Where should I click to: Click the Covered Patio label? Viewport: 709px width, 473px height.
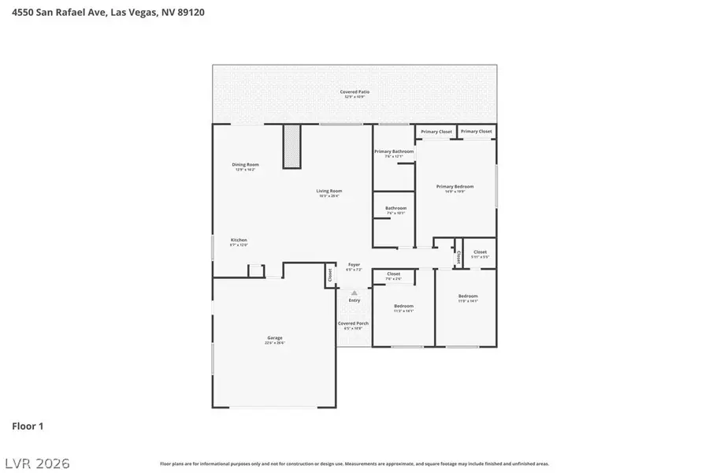354,92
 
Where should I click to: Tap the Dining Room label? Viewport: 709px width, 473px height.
246,165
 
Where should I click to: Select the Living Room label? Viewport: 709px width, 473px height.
329,191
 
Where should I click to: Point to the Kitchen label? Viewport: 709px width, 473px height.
239,240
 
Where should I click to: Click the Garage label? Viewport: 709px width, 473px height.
274,337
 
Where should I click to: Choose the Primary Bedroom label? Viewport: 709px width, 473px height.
455,187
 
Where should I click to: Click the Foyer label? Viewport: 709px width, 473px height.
354,265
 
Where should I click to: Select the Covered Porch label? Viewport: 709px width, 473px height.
353,323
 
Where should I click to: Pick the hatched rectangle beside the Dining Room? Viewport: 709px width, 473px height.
292,146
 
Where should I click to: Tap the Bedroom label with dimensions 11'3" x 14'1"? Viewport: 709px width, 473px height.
403,306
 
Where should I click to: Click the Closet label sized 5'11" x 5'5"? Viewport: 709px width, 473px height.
480,252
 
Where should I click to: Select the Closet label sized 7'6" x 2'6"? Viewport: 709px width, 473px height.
393,274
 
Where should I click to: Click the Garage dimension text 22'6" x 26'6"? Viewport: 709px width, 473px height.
274,342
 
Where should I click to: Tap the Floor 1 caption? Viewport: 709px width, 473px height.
28,426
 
